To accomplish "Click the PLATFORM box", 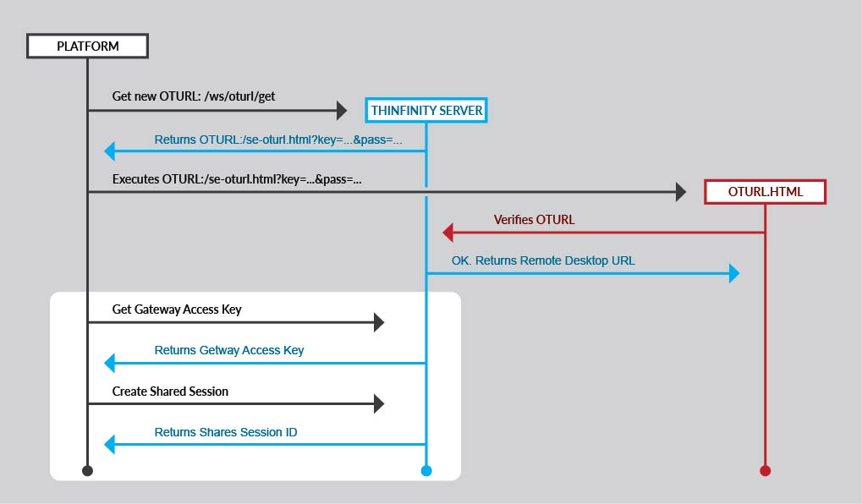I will click(87, 46).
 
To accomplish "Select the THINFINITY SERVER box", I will click(426, 110).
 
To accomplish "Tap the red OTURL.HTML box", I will click(765, 192).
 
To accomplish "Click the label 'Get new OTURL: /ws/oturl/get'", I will click(194, 96).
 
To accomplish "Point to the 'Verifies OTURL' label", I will click(534, 220).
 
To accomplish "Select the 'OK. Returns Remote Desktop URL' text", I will click(543, 260).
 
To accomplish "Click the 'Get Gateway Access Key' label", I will click(177, 310).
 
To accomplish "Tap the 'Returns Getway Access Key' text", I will click(229, 350).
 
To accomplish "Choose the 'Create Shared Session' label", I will click(170, 392).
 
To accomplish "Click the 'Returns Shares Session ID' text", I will click(226, 432).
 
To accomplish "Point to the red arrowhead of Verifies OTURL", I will click(448, 233).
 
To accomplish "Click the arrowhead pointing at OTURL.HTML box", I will click(681, 192).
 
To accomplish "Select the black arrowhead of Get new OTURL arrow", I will click(342, 110).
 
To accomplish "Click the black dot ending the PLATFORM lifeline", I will click(87, 470).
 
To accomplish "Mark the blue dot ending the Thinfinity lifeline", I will click(426, 470).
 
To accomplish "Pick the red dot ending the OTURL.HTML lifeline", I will click(765, 470).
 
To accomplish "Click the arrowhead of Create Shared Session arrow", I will click(379, 403).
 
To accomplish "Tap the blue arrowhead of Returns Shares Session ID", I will click(109, 444).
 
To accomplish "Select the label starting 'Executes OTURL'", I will click(238, 179).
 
